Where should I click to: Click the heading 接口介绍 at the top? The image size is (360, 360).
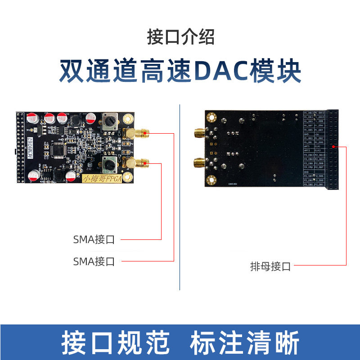pos(180,37)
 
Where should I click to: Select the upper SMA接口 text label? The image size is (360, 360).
pos(94,239)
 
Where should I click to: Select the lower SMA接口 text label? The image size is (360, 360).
pos(94,261)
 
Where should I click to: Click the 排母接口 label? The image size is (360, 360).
pos(270,266)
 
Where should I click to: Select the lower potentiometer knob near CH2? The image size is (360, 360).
pos(109,164)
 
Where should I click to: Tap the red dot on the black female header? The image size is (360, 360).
pos(333,147)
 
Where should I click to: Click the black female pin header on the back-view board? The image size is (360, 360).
pos(333,148)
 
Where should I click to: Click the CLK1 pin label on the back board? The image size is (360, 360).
pos(319,146)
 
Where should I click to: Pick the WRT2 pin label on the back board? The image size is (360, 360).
pos(308,151)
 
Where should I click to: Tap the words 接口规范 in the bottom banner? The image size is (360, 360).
pos(115,343)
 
